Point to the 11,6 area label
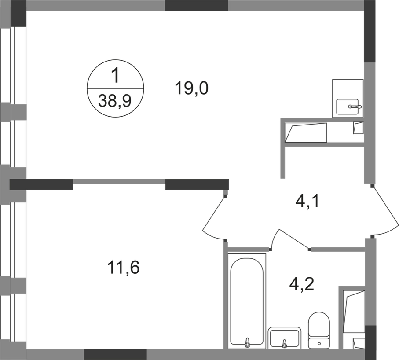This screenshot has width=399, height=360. coord(123,267)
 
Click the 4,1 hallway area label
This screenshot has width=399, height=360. coord(307,203)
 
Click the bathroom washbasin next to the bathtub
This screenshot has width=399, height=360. coord(285,337)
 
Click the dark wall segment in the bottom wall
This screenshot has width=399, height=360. coord(115,354)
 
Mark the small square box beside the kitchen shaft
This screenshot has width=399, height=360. coord(359,129)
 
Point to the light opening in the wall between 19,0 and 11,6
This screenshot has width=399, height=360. coord(119,181)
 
